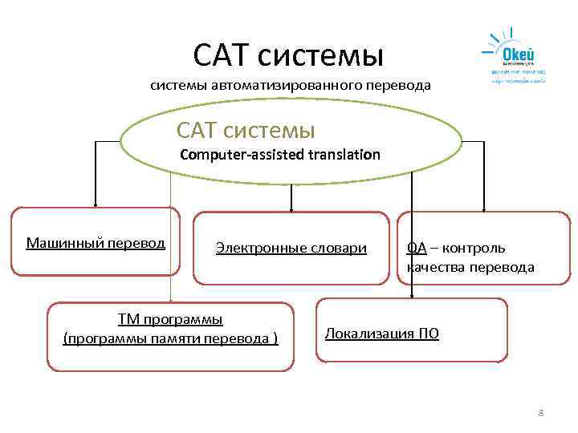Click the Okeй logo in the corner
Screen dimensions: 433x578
tap(514, 55)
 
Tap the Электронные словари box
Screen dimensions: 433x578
tap(291, 249)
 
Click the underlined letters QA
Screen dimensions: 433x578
tap(417, 249)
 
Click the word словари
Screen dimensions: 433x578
tap(337, 249)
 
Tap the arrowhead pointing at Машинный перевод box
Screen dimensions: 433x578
tap(96, 204)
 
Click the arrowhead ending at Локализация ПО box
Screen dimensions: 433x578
tap(412, 295)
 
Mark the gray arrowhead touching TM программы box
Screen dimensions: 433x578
tap(170, 299)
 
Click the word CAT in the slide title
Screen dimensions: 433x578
tap(226, 55)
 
